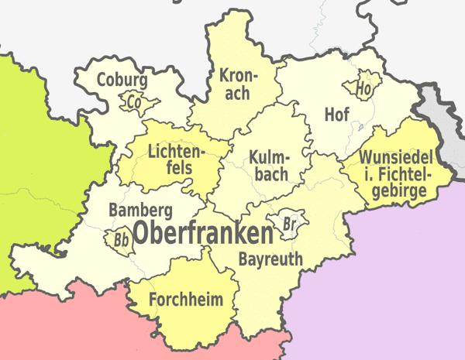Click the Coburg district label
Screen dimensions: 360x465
click(x=122, y=79)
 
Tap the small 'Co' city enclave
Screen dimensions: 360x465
click(x=134, y=101)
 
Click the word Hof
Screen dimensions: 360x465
click(x=336, y=115)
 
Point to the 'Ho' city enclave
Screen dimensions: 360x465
click(x=364, y=87)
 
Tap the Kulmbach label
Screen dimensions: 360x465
click(x=270, y=166)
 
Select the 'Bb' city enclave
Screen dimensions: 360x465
click(x=122, y=240)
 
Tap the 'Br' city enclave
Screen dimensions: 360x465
click(x=291, y=224)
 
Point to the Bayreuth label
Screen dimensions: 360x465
click(x=270, y=259)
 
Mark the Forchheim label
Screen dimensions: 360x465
click(x=186, y=299)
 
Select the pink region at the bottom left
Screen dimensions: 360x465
click(x=62, y=325)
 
